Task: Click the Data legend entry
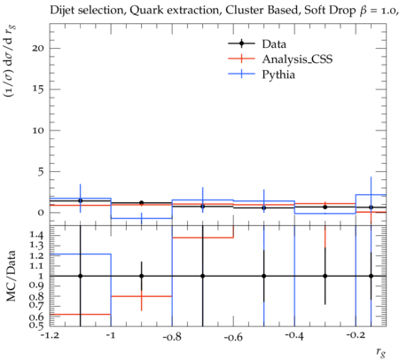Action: [x=274, y=44]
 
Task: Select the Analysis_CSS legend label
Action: [x=297, y=59]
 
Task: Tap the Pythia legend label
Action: [x=278, y=74]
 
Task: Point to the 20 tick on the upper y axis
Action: [x=38, y=48]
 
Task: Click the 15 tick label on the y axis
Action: [x=38, y=90]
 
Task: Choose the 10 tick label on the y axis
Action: [x=38, y=130]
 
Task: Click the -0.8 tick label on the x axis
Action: [x=172, y=337]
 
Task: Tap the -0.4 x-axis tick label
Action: [x=294, y=336]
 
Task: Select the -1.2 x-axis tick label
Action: [x=51, y=336]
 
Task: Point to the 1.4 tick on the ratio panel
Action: [x=36, y=235]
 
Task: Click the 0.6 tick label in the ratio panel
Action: [x=36, y=317]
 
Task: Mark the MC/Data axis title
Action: [x=11, y=276]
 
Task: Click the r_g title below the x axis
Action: [x=381, y=352]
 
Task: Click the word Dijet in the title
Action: [x=62, y=11]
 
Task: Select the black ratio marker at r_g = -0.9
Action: [x=142, y=276]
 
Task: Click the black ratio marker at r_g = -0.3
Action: [x=325, y=276]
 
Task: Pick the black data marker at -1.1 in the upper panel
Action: [x=81, y=200]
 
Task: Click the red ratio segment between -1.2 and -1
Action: [x=81, y=314]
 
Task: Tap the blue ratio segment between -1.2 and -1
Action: [x=81, y=254]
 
